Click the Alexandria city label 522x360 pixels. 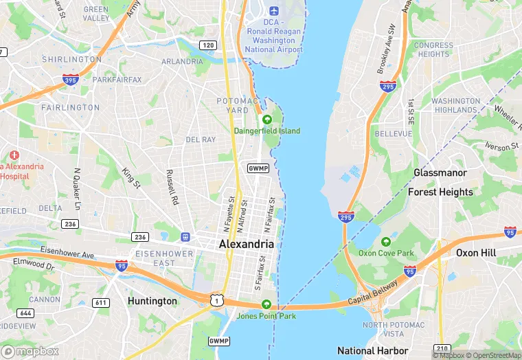246,244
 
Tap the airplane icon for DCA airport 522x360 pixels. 274,11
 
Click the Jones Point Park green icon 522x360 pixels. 266,305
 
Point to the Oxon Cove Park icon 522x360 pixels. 386,241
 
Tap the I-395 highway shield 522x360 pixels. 70,79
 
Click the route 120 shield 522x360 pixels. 208,45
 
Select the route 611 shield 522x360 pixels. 101,303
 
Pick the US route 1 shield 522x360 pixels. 217,299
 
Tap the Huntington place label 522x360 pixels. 152,301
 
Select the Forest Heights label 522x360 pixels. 440,192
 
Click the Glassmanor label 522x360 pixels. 440,172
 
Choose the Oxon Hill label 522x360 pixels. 475,253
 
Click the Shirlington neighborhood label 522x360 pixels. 71,60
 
